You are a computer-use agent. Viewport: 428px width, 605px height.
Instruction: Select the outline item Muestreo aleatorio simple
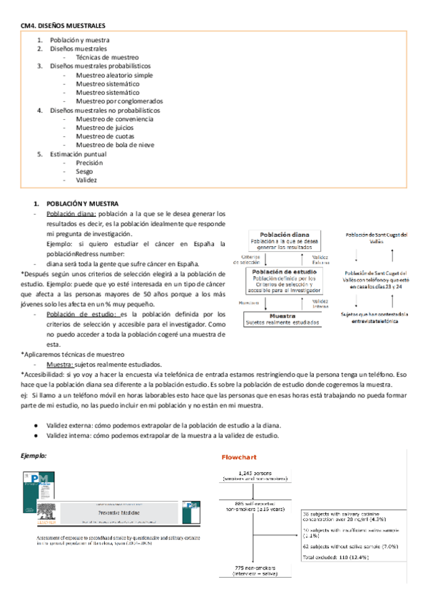tap(113, 75)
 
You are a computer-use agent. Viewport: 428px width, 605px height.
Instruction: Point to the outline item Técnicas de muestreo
tap(107, 57)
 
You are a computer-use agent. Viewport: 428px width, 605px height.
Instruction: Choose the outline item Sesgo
tap(85, 171)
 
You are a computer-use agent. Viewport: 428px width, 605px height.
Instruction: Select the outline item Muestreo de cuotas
tap(106, 136)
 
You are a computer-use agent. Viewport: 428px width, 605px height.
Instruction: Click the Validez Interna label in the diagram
tap(320, 302)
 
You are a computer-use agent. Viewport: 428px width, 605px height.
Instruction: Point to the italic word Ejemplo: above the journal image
tap(34, 454)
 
